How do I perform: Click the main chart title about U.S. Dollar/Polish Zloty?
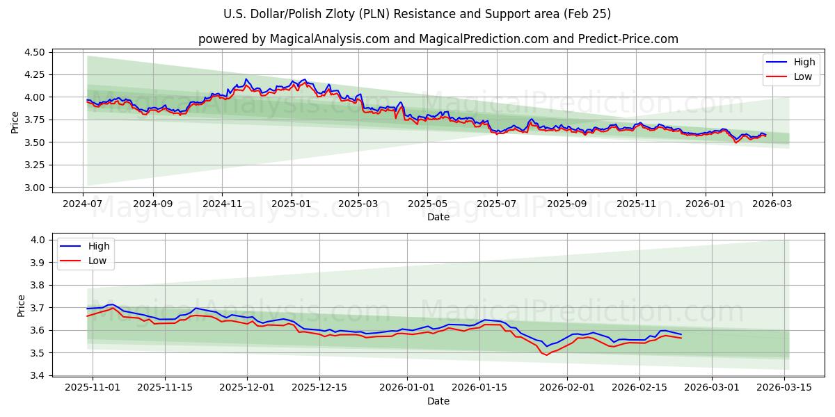(417, 14)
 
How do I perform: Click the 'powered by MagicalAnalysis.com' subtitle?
(438, 39)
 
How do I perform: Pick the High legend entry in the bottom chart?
(98, 246)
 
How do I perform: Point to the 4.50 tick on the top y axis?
(33, 52)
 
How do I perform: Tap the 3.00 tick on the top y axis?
(33, 188)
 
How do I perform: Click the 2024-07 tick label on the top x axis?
(83, 204)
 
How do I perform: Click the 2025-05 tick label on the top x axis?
(427, 204)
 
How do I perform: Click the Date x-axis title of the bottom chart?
(438, 401)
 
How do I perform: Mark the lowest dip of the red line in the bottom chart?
(546, 355)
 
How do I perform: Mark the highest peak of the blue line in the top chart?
(246, 79)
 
